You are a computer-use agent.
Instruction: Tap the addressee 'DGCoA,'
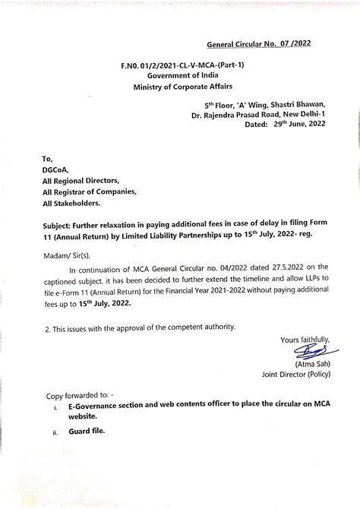tap(58, 172)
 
